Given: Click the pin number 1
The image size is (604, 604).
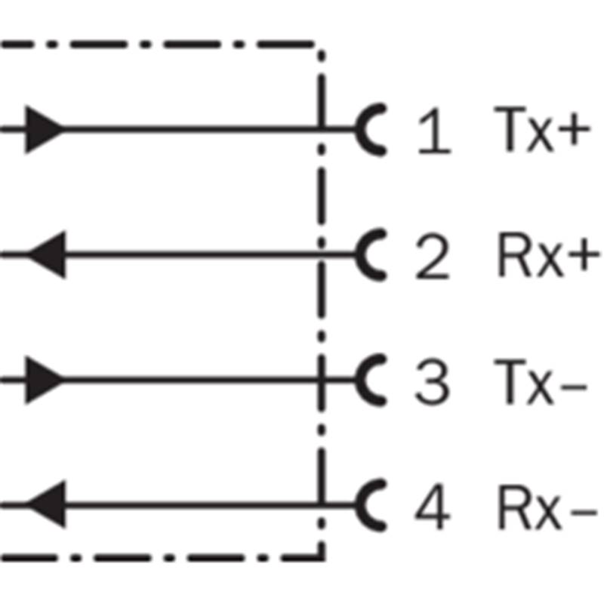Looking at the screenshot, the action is coord(435,130).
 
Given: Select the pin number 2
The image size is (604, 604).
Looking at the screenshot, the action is coord(433,255).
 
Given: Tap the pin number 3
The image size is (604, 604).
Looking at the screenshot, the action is coord(432,381).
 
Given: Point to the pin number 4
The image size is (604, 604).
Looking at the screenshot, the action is coord(432,506).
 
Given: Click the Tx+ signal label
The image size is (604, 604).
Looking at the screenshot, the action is coord(542,129).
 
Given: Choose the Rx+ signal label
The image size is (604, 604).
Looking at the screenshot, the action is coord(549,254).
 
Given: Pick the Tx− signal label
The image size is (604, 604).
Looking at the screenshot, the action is coord(541,381).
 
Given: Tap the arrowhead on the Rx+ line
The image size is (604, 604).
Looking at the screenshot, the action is coord(46,254).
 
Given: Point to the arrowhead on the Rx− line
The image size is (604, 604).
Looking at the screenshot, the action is coord(46,504).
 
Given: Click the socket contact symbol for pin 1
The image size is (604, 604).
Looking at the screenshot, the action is coord(359,130).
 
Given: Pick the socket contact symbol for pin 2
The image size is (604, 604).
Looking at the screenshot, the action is coord(359,254).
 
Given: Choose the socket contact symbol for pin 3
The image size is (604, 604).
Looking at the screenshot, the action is coord(359,381).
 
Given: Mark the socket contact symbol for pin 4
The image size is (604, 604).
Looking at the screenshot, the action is coord(359,505).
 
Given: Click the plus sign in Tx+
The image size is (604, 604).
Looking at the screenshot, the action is coord(575,129).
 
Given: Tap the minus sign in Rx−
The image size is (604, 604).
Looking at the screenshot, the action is coord(584,513).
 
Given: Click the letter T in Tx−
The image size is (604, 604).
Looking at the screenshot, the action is coord(510,381).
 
